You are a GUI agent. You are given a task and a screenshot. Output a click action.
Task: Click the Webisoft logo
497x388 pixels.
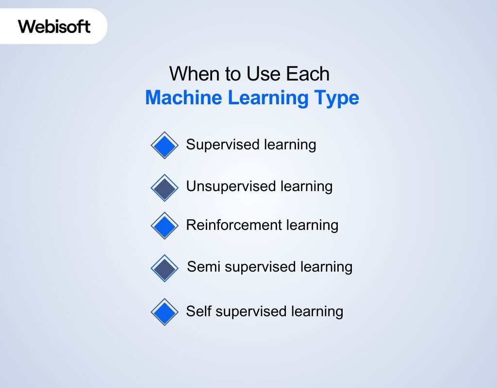point(54,26)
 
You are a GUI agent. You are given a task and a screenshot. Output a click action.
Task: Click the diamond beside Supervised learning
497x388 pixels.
point(165,145)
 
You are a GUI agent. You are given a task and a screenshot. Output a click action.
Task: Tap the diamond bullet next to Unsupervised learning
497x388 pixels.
point(165,188)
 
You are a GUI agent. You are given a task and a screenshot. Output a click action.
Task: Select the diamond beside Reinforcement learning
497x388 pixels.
point(165,226)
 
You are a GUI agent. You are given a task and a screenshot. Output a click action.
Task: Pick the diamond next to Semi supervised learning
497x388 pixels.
point(165,268)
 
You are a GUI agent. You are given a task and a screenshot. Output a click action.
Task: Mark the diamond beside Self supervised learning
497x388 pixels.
point(165,312)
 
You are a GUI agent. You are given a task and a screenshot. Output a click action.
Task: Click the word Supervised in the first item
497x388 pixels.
point(223,145)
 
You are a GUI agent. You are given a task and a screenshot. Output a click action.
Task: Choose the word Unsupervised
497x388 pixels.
point(231,187)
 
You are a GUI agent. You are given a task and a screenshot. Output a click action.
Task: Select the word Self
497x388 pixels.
point(199,311)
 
